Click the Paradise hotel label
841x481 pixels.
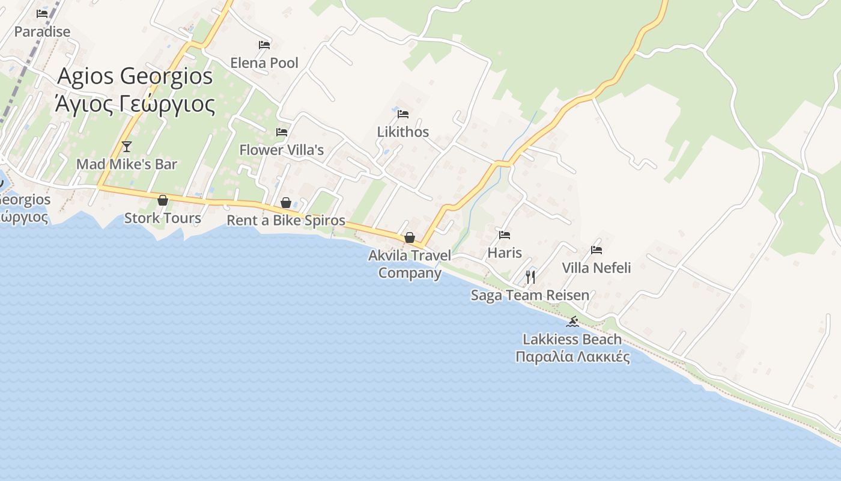point(42,32)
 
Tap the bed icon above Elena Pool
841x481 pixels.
point(264,45)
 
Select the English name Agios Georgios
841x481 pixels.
point(135,76)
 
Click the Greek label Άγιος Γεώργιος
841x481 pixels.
point(135,104)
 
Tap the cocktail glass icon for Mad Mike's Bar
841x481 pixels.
point(126,146)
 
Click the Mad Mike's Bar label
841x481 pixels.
point(126,164)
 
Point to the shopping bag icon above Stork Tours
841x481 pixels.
point(162,200)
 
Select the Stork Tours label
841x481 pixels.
point(162,218)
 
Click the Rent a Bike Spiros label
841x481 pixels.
point(286,221)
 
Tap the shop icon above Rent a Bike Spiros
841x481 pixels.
point(286,203)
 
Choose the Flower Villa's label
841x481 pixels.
point(281,150)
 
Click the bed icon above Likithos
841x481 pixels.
point(402,114)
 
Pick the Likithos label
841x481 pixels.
point(402,132)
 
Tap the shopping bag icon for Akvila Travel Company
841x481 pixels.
point(409,237)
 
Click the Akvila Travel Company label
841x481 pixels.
point(410,264)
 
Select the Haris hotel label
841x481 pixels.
point(505,253)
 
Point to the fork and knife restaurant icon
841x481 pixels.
point(530,277)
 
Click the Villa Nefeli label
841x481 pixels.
point(596,268)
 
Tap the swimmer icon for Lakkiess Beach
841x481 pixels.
point(572,322)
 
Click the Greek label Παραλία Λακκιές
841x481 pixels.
point(572,357)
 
